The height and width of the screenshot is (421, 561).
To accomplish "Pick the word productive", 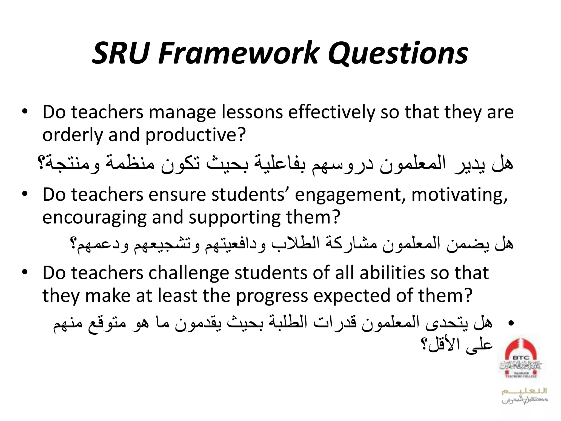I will (194, 135).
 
